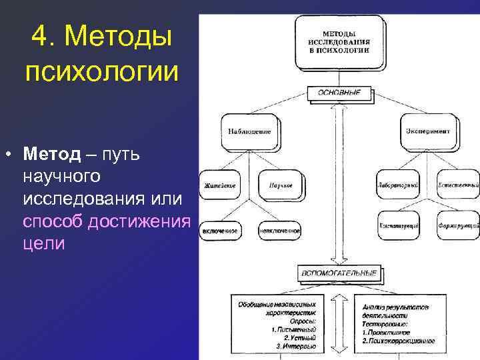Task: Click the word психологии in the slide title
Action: pos(101,71)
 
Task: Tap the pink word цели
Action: pos(44,243)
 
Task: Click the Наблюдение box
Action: pos(249,131)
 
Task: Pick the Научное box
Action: pos(278,184)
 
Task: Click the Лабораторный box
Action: pos(398,184)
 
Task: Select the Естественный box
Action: pos(459,184)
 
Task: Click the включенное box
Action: pos(220,231)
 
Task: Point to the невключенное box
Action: pos(279,231)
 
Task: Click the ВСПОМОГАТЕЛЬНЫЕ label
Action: pos(339,273)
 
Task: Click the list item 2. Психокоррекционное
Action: pos(400,340)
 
